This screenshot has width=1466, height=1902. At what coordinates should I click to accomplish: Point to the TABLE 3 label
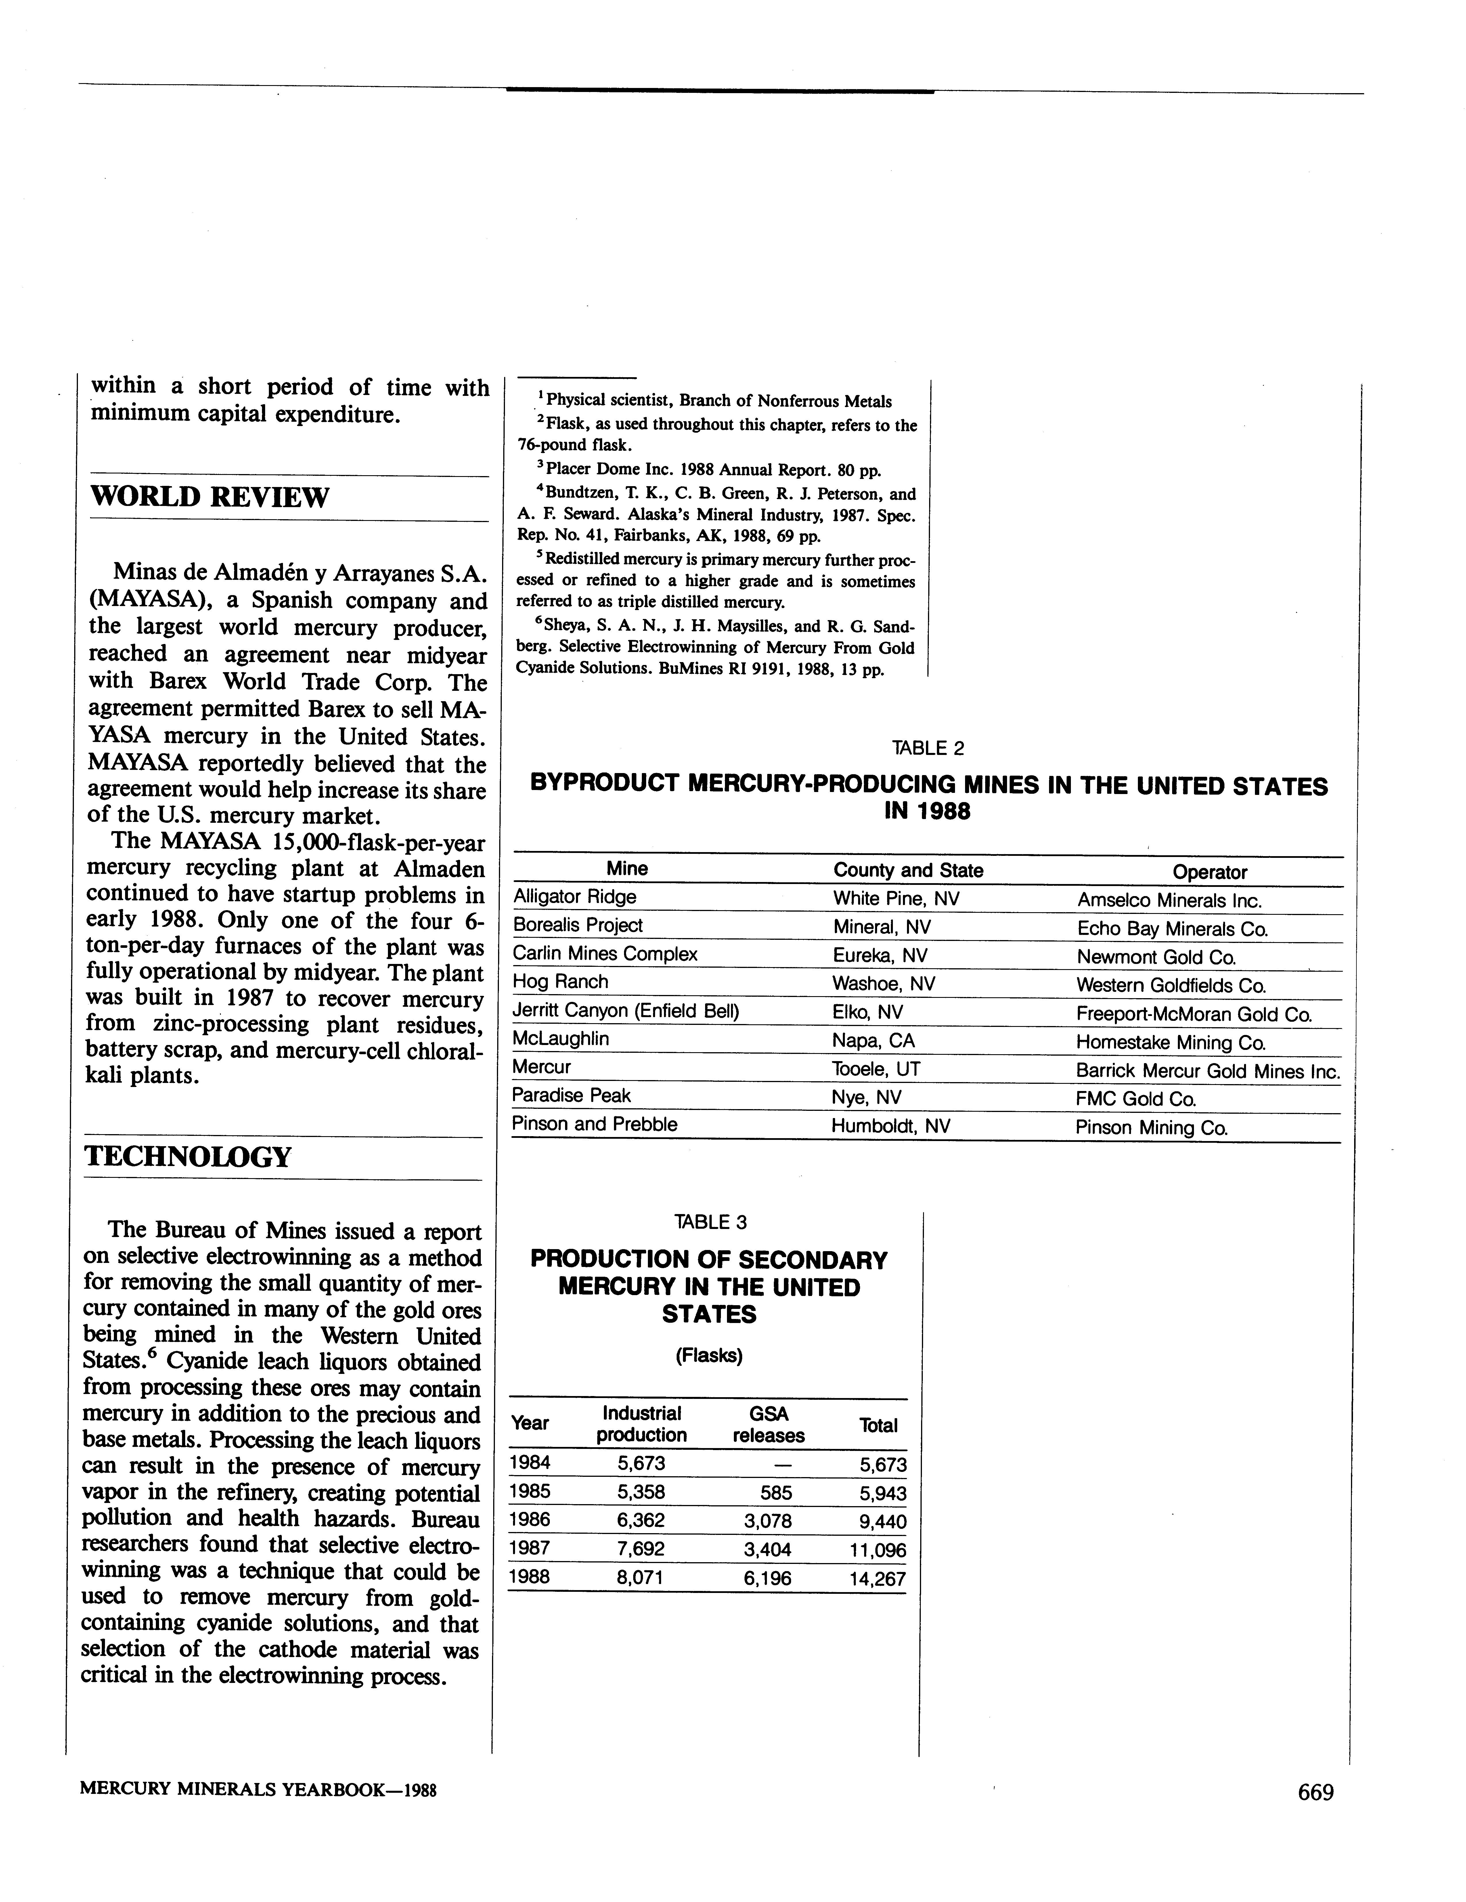tap(710, 1222)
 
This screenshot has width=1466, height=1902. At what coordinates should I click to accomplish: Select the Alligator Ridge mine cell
tap(575, 897)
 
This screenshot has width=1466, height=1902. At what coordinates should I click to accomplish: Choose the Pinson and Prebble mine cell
tap(594, 1124)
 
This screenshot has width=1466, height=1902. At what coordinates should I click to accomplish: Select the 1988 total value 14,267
tap(877, 1579)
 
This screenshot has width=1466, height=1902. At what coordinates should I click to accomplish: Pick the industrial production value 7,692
tap(641, 1549)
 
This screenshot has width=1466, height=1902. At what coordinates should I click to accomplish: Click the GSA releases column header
tap(768, 1425)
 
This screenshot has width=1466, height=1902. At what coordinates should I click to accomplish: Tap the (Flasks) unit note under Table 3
tap(709, 1356)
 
